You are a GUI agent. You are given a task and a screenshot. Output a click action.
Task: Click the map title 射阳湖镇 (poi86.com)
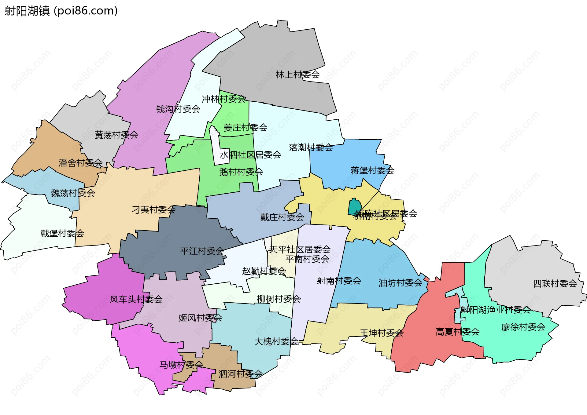[x=61, y=11]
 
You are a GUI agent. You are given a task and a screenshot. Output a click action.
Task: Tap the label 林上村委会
[x=297, y=75]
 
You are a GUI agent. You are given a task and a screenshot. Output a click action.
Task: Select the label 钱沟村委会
[x=178, y=109]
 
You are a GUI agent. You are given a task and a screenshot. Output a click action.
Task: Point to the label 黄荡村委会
[x=116, y=135]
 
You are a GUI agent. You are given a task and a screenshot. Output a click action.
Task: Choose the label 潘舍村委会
[x=80, y=163]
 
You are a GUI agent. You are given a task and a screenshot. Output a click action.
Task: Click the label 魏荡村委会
[x=73, y=193]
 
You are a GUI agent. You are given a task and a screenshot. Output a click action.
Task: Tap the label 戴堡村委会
[x=62, y=233]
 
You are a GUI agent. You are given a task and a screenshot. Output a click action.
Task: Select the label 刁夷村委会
[x=153, y=209]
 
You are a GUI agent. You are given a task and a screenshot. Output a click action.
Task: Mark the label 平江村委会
[x=202, y=251]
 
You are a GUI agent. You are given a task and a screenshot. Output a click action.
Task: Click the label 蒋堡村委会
[x=372, y=170]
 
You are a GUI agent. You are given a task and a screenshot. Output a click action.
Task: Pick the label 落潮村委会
[x=311, y=147]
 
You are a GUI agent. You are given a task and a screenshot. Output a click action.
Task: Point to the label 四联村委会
[x=555, y=283]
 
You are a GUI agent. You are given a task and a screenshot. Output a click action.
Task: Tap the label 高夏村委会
[x=457, y=332]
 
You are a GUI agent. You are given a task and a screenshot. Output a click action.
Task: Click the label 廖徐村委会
[x=523, y=327]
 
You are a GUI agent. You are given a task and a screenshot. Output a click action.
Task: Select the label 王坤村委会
[x=382, y=333]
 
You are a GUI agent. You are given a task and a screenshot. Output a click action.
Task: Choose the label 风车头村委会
[x=136, y=299]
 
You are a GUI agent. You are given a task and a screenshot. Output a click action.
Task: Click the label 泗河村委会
[x=240, y=373]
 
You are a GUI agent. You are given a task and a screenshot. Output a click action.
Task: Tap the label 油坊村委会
[x=400, y=283]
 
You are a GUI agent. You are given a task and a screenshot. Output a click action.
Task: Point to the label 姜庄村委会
[x=245, y=127]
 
